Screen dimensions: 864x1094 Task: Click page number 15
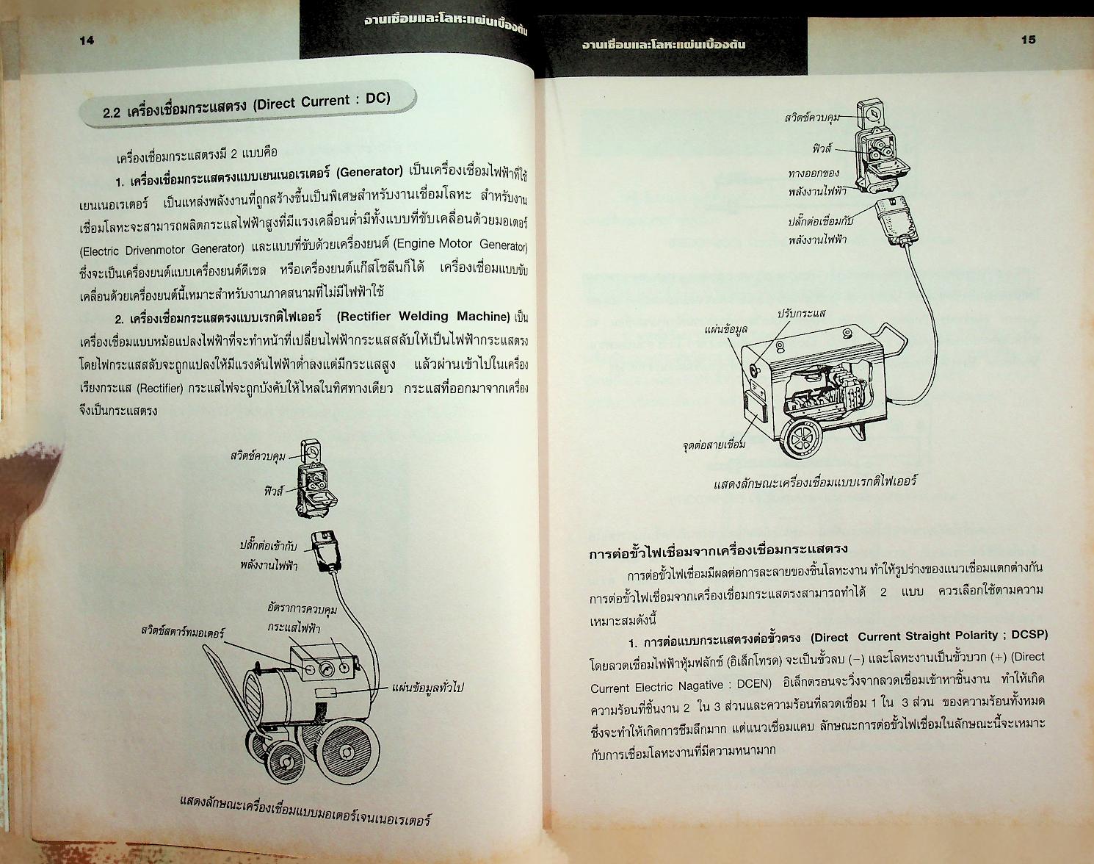coord(1028,40)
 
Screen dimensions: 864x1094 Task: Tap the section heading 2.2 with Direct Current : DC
coord(247,106)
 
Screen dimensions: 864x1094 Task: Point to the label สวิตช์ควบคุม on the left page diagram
coord(257,456)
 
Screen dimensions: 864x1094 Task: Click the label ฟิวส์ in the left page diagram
coord(273,492)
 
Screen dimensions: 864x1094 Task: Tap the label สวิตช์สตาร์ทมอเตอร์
coord(183,632)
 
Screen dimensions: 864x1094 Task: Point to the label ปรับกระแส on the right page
coord(801,314)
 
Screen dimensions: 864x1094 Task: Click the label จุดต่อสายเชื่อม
coord(712,444)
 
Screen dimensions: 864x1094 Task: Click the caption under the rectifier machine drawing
coord(815,483)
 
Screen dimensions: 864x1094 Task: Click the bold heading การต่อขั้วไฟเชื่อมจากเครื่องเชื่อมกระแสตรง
coord(719,549)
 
